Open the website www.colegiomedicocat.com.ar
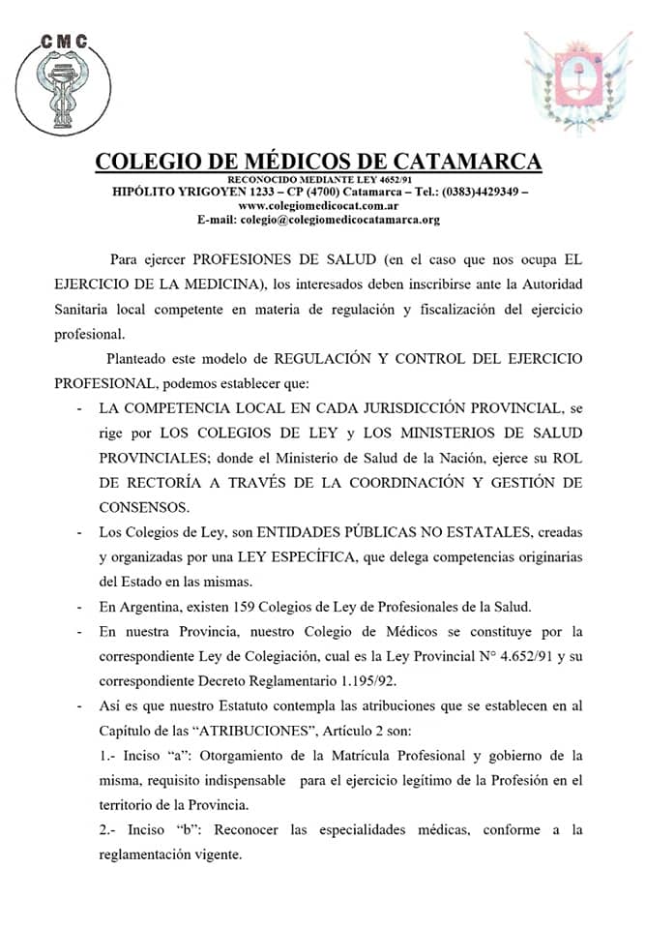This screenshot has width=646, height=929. (x=318, y=205)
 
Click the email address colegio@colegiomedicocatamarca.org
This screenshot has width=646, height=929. (x=339, y=220)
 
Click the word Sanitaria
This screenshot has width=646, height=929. (x=65, y=309)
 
